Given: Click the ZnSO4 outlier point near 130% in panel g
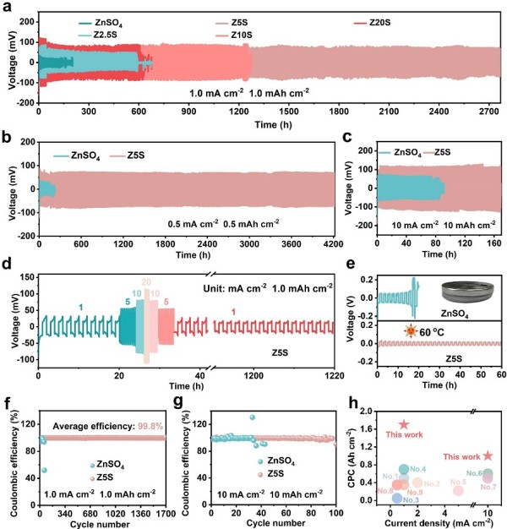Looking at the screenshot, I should (x=252, y=417).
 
